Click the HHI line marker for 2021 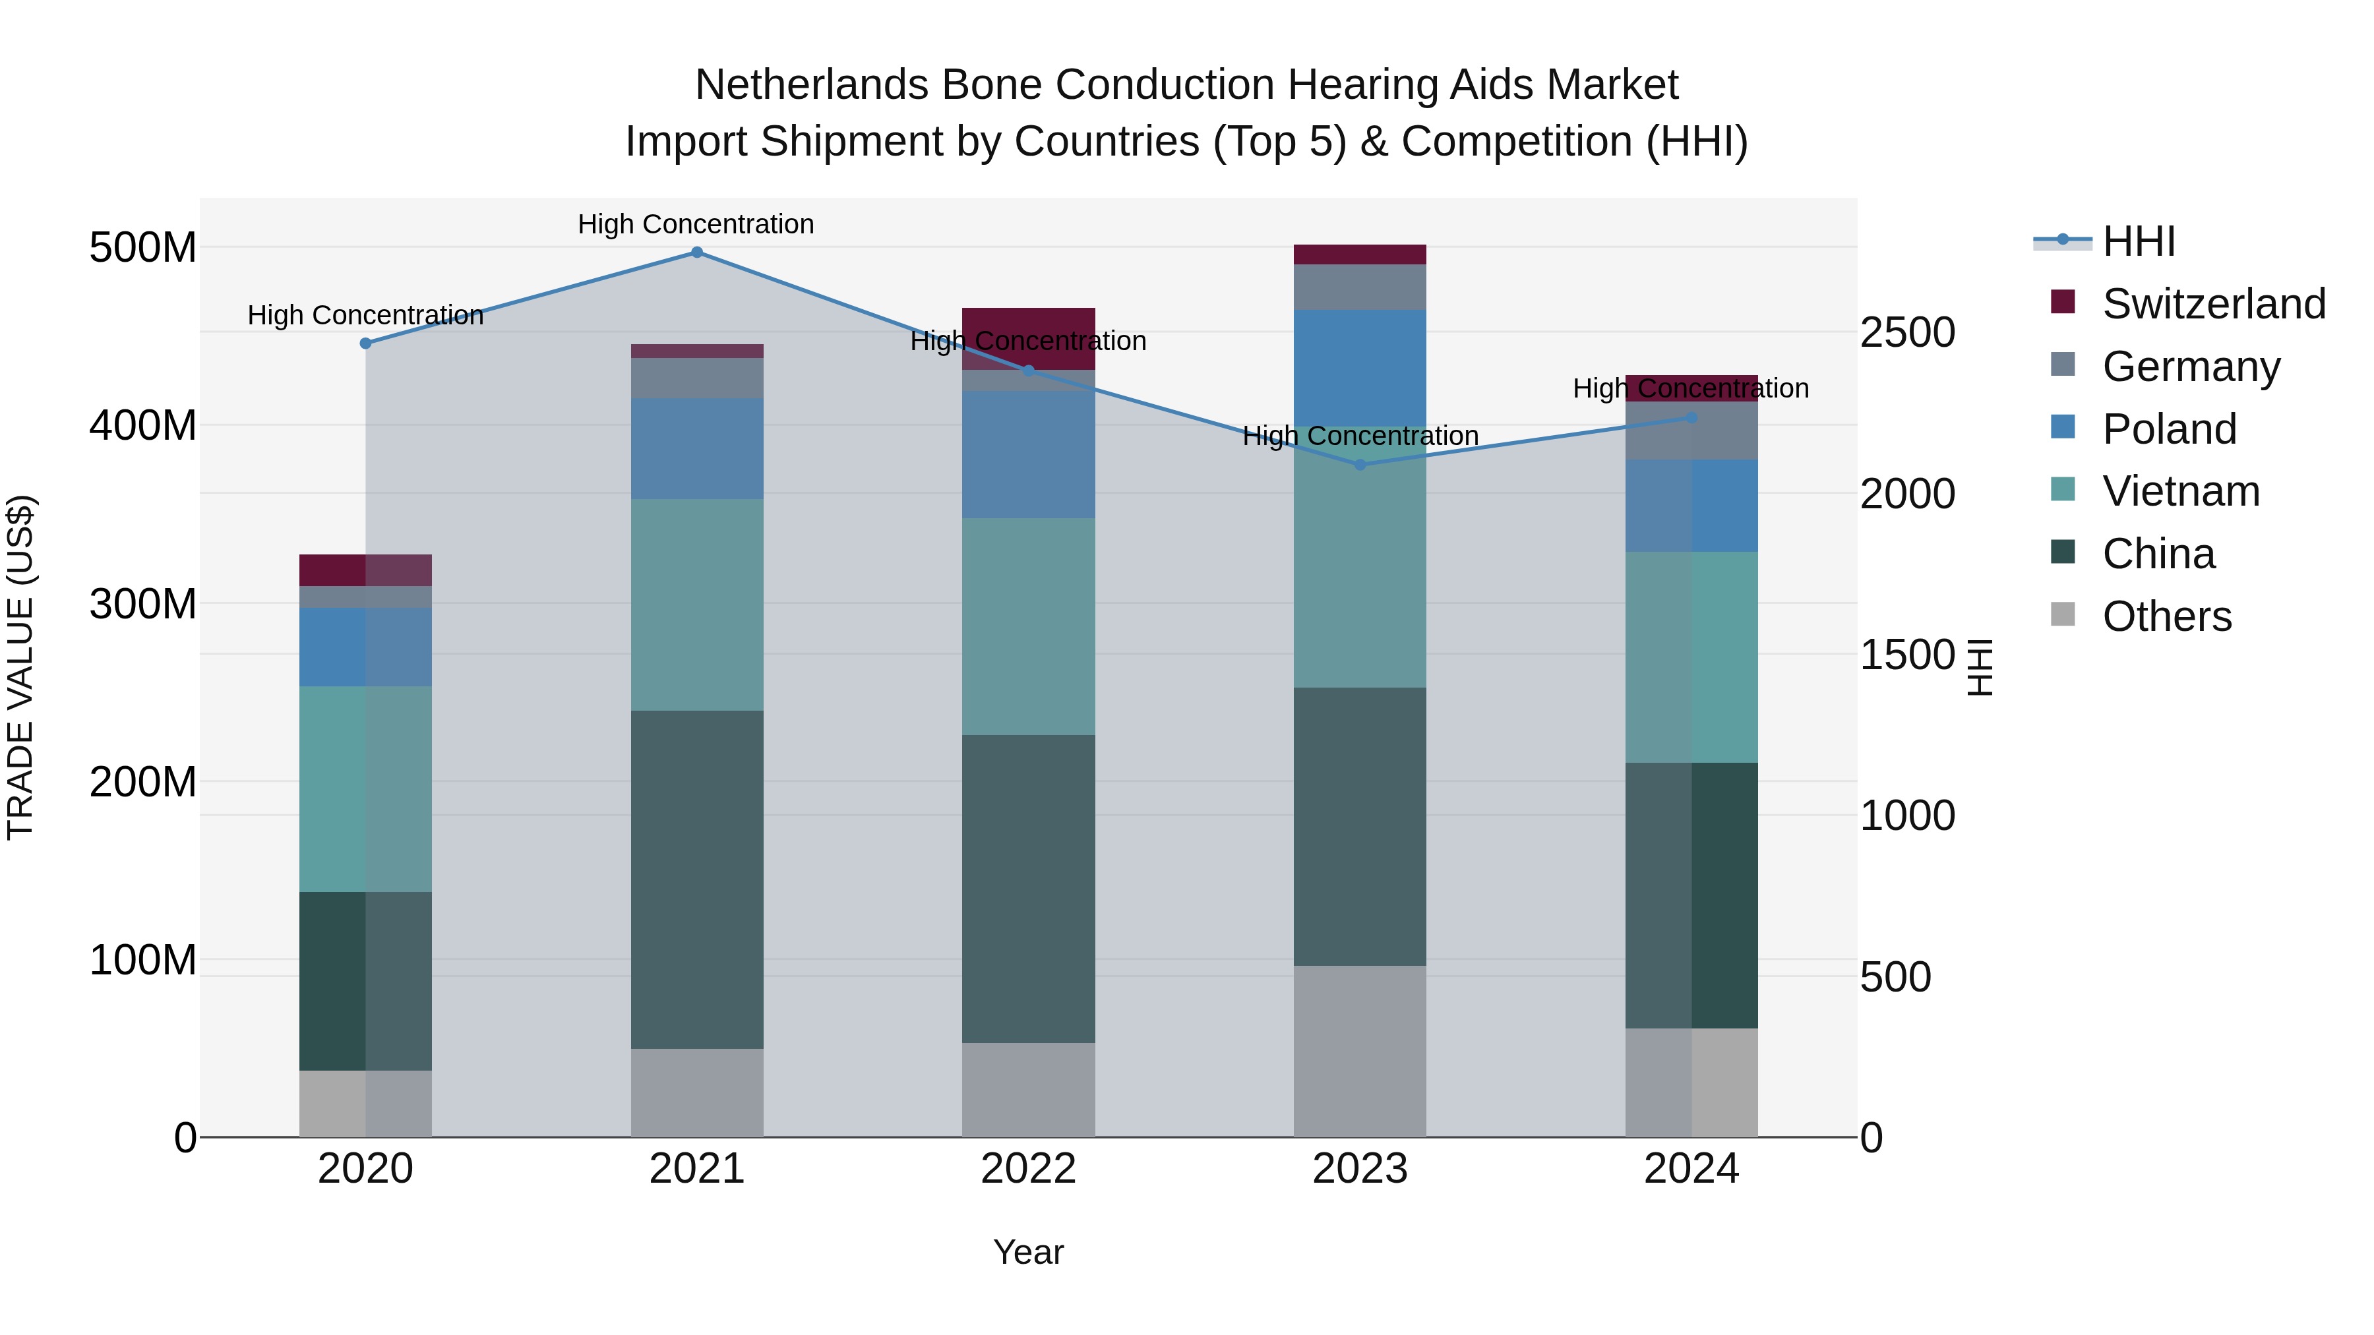point(697,252)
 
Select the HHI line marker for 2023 point(1360,465)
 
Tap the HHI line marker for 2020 point(366,343)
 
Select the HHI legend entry point(2138,241)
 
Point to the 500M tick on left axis point(143,248)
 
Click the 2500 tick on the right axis point(1906,333)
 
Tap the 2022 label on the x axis point(1029,1169)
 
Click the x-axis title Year point(1029,1252)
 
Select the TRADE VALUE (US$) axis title point(20,667)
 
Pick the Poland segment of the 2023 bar point(1360,369)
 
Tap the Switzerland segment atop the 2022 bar point(1029,322)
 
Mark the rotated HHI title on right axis point(1980,667)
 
